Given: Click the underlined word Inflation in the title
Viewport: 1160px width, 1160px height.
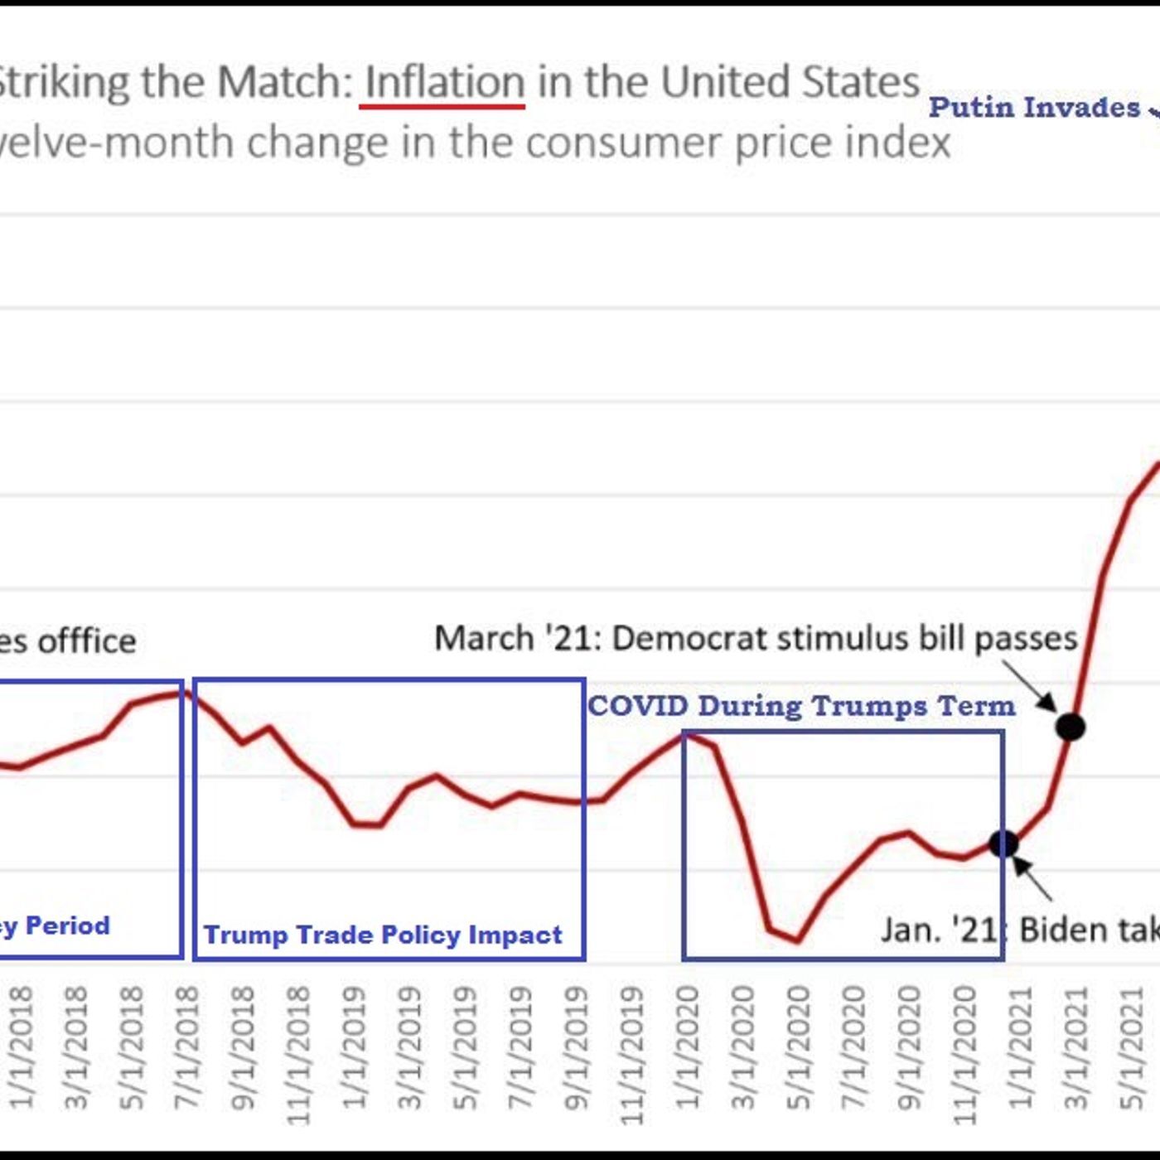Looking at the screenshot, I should (x=445, y=83).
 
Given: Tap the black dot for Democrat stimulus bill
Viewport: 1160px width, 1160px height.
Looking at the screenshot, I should (x=1070, y=727).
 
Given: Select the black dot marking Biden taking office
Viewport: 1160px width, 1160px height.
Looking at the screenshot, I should (x=1003, y=843).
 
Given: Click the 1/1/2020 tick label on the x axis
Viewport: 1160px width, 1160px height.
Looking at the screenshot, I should (x=687, y=1047).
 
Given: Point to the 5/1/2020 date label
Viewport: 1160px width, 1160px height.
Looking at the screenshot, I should (x=797, y=1047).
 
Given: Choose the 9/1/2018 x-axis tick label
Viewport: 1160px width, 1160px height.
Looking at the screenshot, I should (x=242, y=1047).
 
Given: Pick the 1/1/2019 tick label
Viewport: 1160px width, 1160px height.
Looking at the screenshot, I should (x=354, y=1047).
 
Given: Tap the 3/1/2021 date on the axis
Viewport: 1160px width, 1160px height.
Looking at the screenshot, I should (x=1075, y=1047).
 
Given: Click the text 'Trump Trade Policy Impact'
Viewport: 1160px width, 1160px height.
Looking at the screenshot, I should (x=383, y=935).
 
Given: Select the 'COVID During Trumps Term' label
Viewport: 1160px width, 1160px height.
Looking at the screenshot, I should (x=801, y=706).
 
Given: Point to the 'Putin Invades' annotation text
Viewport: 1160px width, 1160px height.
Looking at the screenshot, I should (x=1034, y=107).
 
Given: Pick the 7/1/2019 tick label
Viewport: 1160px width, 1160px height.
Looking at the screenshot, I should (x=520, y=1047).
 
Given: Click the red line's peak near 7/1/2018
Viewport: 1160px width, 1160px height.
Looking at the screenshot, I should (x=180, y=692).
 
